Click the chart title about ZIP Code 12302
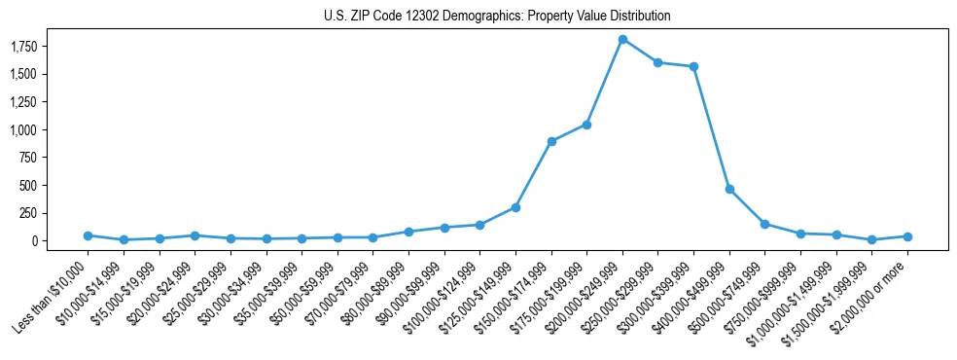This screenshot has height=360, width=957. (x=497, y=17)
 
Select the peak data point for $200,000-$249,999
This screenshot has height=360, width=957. (x=622, y=39)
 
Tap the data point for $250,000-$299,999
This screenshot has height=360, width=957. (x=658, y=62)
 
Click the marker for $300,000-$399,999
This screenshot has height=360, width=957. (x=693, y=66)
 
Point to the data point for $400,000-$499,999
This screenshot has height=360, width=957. (x=729, y=189)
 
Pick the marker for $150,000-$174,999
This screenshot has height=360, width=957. (x=551, y=141)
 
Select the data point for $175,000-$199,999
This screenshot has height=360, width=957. (x=586, y=125)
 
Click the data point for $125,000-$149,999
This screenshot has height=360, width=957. (x=515, y=207)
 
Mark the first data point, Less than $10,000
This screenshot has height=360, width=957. (x=88, y=235)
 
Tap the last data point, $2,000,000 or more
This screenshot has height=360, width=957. (x=907, y=236)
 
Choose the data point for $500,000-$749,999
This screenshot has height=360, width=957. (x=765, y=224)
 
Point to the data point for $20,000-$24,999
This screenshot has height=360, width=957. (x=195, y=235)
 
